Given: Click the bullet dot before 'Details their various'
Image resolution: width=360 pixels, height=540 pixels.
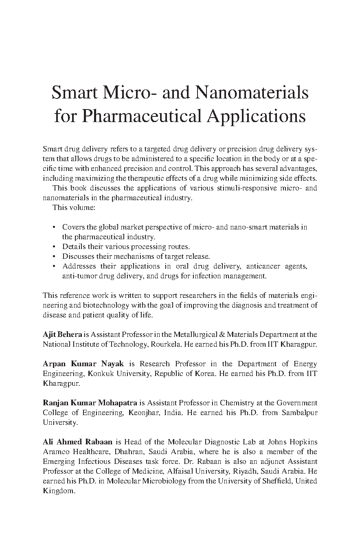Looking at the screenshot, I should (x=54, y=247).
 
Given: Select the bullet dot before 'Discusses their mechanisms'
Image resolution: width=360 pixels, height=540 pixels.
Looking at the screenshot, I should (x=54, y=256).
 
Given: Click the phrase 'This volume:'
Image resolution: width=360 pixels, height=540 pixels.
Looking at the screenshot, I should (x=68, y=208).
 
